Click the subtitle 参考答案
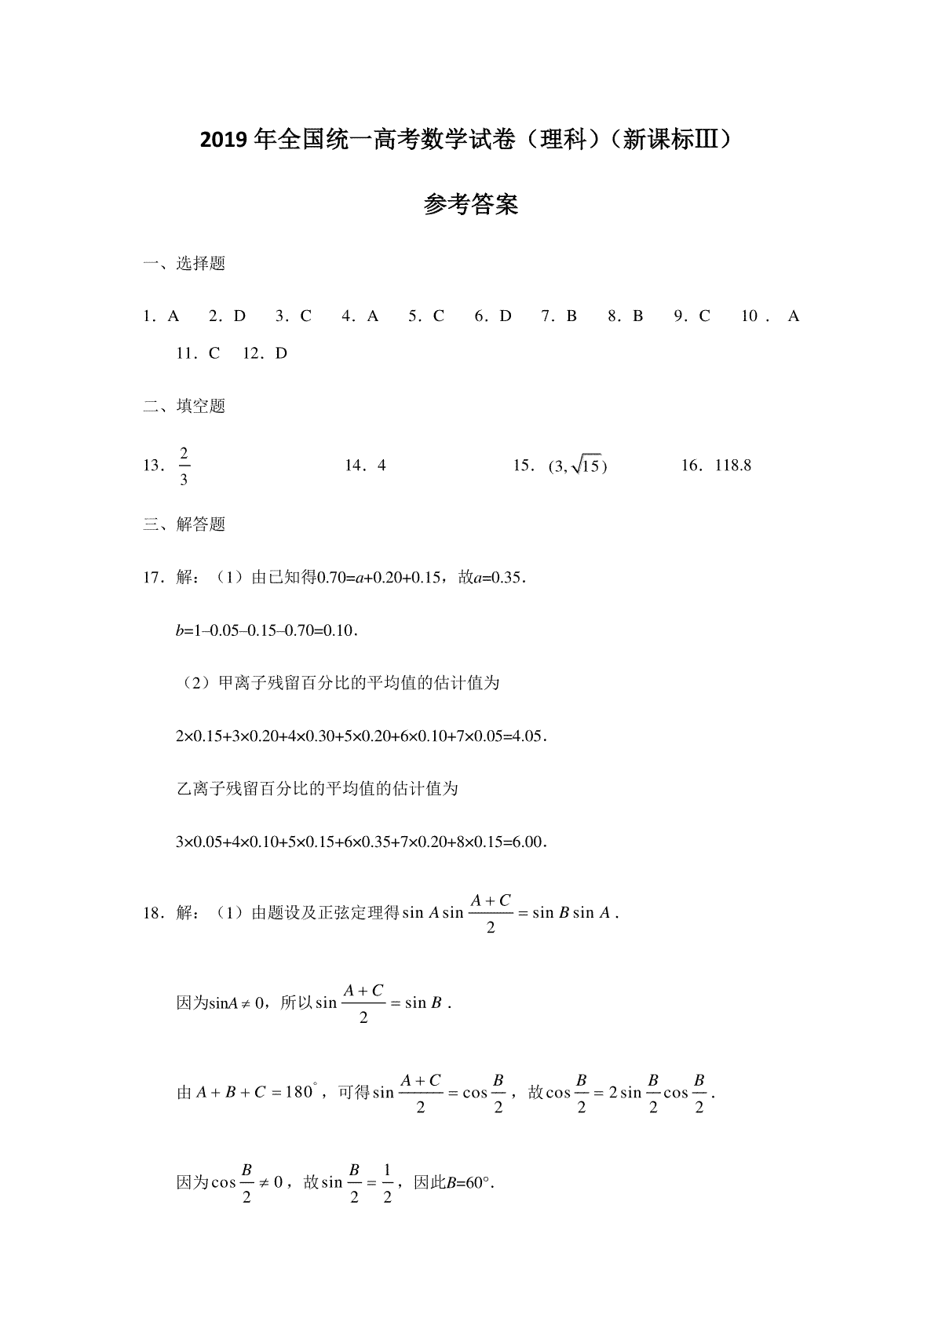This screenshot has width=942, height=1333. click(x=470, y=206)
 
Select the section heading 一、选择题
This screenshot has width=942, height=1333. click(x=184, y=264)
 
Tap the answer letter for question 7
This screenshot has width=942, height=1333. click(x=571, y=316)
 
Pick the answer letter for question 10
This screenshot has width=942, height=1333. click(x=794, y=316)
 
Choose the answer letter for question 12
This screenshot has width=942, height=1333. click(x=282, y=353)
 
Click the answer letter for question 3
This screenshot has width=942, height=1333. click(x=306, y=316)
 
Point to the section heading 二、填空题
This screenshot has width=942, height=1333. click(x=184, y=406)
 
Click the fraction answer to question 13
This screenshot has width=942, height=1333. click(x=184, y=466)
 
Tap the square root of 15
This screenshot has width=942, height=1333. click(x=586, y=466)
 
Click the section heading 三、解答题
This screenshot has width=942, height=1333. click(x=184, y=524)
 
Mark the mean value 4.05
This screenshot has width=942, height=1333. click(x=526, y=736)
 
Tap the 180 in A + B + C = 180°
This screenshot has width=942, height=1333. click(x=299, y=1092)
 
